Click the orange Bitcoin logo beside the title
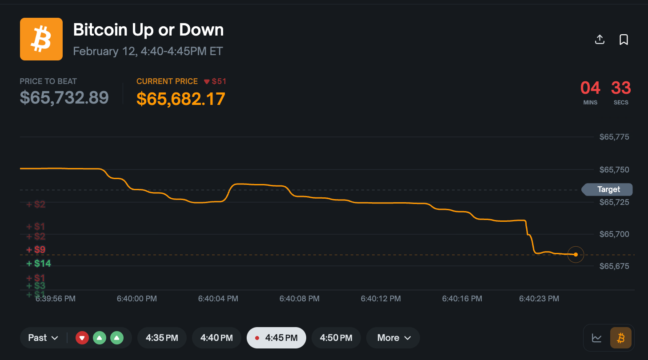(41, 39)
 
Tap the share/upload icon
(600, 40)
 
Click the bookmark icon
(624, 40)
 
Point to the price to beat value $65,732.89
(64, 97)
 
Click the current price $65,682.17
(180, 99)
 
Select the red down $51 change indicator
(215, 81)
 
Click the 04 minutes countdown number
(590, 88)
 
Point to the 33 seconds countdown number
(621, 88)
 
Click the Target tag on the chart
(608, 189)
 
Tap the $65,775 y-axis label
(614, 137)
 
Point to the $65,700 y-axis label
(614, 234)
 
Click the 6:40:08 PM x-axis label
(299, 299)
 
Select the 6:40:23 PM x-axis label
(539, 299)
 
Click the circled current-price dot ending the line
(576, 255)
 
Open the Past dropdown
(43, 338)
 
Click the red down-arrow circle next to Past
(82, 338)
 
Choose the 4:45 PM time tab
(276, 338)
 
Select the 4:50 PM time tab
(336, 338)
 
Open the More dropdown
(393, 338)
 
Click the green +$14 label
(39, 264)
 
